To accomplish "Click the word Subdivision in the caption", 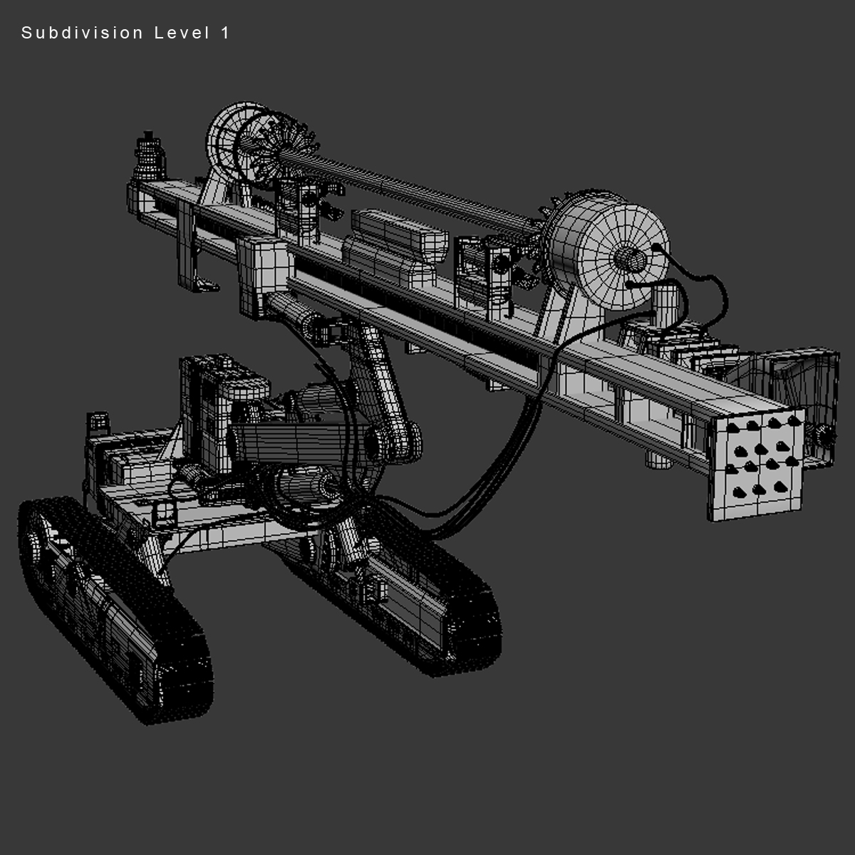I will (x=82, y=33).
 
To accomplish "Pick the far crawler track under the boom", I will (x=420, y=606).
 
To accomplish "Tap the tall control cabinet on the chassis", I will (x=214, y=399).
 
